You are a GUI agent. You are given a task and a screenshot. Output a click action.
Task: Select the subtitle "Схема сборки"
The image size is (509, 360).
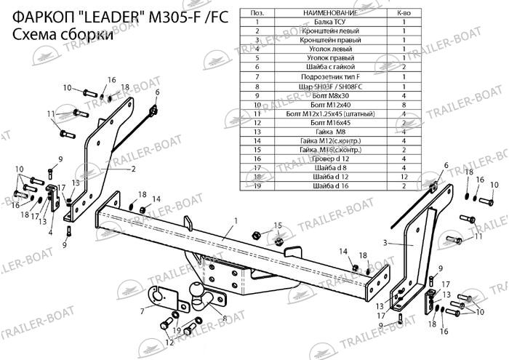click(63, 37)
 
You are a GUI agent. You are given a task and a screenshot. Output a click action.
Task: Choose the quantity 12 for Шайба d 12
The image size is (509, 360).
click(403, 177)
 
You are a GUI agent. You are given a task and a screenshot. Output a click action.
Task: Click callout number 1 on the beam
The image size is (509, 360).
click(236, 220)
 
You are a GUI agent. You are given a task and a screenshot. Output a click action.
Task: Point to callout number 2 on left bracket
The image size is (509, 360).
click(134, 168)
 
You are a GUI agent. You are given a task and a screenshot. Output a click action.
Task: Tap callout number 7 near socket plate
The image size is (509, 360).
click(143, 311)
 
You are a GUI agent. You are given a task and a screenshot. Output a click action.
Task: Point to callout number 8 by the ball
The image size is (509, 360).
click(225, 319)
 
